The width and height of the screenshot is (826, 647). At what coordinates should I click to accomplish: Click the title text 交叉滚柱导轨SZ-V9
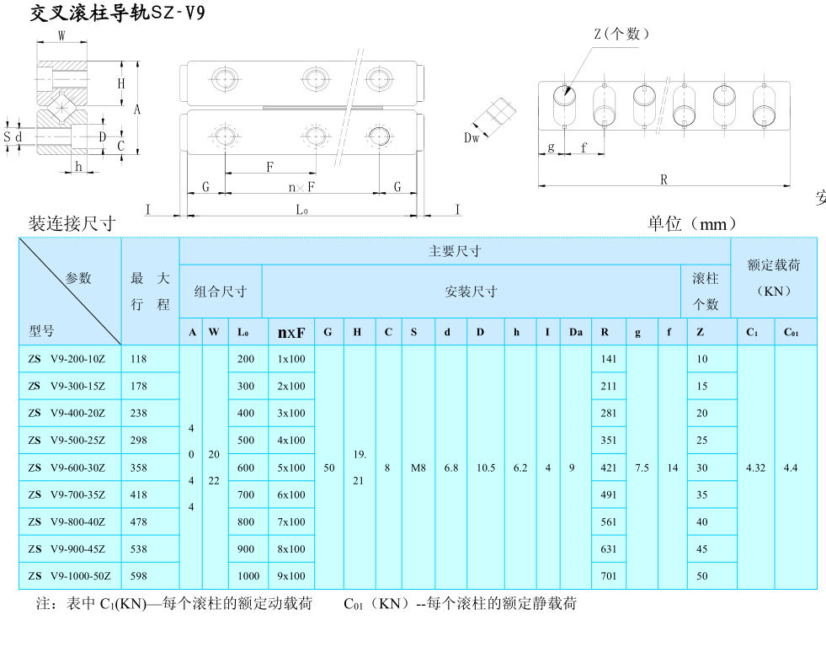point(118,13)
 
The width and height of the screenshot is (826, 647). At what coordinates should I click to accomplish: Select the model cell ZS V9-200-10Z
point(67,359)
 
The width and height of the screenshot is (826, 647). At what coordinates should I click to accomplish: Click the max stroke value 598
point(139,576)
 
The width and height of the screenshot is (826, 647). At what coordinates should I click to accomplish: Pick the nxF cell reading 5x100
point(291,468)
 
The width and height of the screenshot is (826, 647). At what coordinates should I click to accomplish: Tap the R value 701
point(609,576)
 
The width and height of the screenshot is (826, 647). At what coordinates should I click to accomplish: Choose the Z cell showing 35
point(701,495)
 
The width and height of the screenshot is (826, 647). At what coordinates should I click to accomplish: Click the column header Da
point(575,332)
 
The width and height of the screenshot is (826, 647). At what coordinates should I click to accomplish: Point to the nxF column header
point(291,332)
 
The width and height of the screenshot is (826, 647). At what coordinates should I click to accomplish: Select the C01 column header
point(791,332)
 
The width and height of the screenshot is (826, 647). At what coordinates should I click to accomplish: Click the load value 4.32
point(755,468)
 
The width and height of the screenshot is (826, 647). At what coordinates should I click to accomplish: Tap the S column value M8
point(418,468)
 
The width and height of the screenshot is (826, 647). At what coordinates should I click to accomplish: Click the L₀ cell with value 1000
point(248,576)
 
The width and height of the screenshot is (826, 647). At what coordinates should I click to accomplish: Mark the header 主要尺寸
point(455,251)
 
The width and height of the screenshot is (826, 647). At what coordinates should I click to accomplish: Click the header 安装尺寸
point(471,291)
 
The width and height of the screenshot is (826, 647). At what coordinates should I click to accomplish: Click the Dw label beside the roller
point(472,137)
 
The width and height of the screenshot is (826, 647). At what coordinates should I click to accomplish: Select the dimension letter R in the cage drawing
point(663,179)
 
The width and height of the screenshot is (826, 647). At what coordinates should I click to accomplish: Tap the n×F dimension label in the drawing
point(301,186)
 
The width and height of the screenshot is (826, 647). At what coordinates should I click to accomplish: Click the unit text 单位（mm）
point(692,223)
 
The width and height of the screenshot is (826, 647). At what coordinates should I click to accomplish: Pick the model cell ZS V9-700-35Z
point(67,495)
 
